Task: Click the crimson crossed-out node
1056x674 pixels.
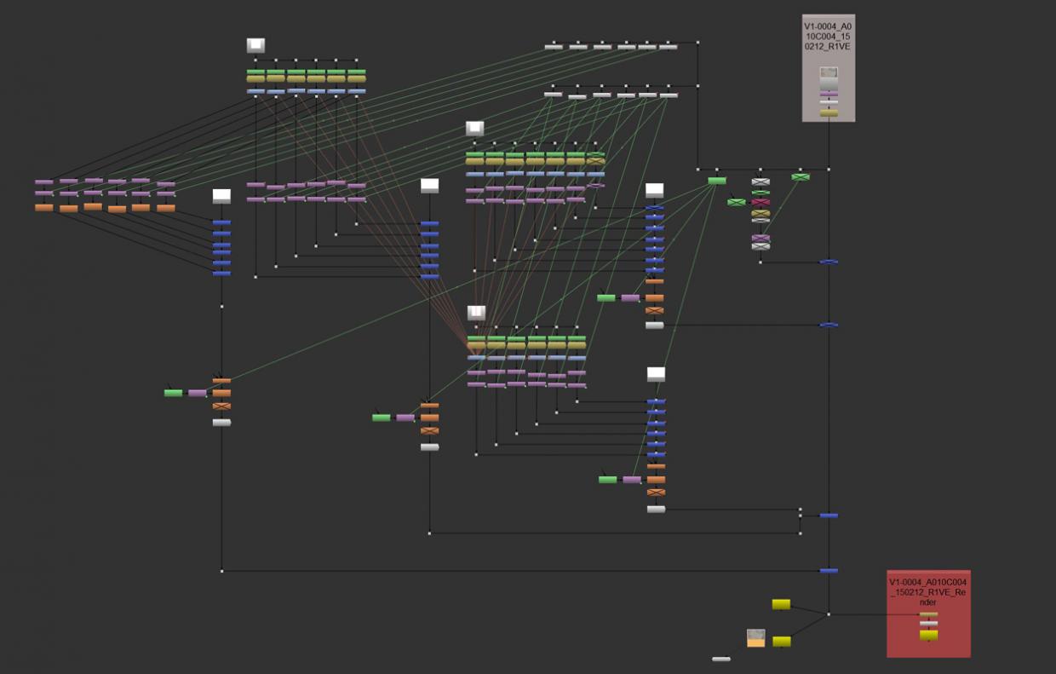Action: (x=760, y=202)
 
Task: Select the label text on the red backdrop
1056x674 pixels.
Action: (x=927, y=592)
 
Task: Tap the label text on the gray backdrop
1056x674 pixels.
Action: (x=828, y=37)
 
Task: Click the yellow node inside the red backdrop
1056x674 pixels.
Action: (x=929, y=636)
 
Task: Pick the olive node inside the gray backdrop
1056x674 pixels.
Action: (x=829, y=113)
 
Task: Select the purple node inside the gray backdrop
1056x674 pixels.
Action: (x=829, y=95)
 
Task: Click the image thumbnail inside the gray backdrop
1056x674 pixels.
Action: (x=829, y=72)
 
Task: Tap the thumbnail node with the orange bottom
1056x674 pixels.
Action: (x=755, y=638)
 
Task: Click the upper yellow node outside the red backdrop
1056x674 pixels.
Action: (x=781, y=604)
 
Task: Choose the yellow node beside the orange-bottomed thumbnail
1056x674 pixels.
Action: (x=782, y=642)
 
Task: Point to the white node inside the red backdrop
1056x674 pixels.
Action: (x=929, y=623)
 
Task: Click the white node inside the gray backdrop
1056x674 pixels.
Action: (x=829, y=102)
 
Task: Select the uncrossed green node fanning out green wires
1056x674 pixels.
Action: (x=717, y=181)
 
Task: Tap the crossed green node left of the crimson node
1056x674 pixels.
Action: (x=737, y=202)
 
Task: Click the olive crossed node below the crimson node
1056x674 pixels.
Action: (x=760, y=213)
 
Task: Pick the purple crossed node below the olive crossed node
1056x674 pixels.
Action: (x=760, y=238)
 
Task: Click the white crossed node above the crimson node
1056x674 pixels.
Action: (x=760, y=181)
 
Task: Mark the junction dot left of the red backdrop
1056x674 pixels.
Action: (x=829, y=614)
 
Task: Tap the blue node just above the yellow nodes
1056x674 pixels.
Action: (x=829, y=571)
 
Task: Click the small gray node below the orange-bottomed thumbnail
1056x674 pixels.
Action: (x=721, y=659)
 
